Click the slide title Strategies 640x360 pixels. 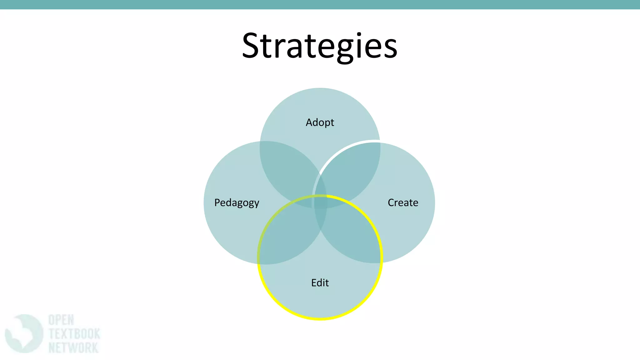(320, 46)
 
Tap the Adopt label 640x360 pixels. (320, 122)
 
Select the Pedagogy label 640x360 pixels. (237, 203)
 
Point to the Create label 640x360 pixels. (403, 202)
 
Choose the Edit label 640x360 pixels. (320, 282)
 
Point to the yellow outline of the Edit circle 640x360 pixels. (320, 319)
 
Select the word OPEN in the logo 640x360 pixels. (61, 320)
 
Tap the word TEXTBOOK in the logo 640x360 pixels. (74, 334)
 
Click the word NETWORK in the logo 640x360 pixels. (73, 347)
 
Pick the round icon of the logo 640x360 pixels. (24, 334)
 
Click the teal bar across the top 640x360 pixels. (320, 4)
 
